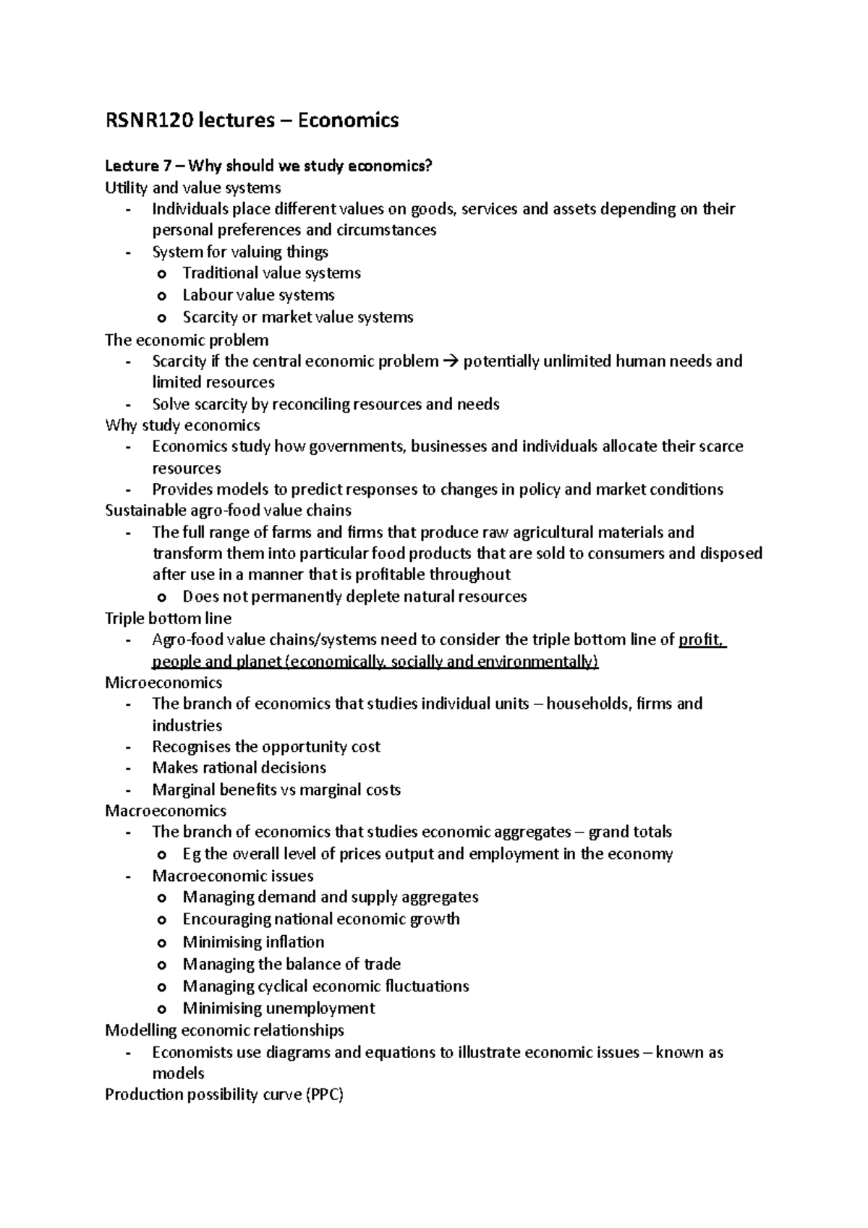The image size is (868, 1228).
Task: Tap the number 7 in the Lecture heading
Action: tap(166, 166)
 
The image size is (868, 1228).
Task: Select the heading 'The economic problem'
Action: tap(187, 339)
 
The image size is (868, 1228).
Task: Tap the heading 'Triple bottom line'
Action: tap(168, 618)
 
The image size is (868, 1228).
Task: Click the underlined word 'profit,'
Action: tap(702, 639)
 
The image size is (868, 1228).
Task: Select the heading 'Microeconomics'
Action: tap(163, 682)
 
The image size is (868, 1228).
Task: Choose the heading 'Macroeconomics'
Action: tap(166, 811)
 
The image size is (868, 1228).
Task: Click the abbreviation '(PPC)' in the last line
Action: tap(325, 1094)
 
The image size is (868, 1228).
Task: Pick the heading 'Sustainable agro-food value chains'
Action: tap(228, 511)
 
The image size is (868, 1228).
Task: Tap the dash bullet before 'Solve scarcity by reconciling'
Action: tap(128, 404)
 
